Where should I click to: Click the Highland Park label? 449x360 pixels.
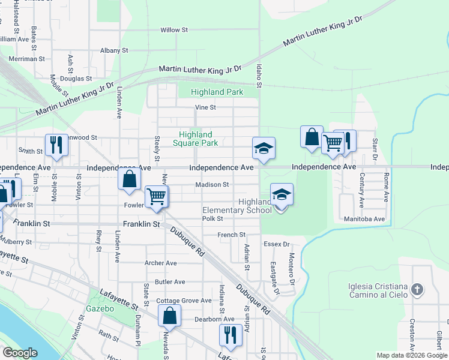click(217, 92)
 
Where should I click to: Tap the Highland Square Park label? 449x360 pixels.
click(195, 139)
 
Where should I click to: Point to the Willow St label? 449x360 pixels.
click(174, 29)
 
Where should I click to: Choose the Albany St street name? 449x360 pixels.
click(114, 51)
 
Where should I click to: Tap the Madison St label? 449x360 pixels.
click(212, 185)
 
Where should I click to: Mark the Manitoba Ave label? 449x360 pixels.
click(364, 220)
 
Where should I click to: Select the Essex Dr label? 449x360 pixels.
click(277, 244)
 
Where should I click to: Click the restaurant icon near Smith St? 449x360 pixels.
click(56, 145)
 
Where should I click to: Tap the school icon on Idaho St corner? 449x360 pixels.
click(264, 148)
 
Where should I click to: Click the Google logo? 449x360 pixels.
click(20, 353)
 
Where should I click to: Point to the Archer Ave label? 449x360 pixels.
click(161, 263)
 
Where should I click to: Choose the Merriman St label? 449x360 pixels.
click(27, 59)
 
